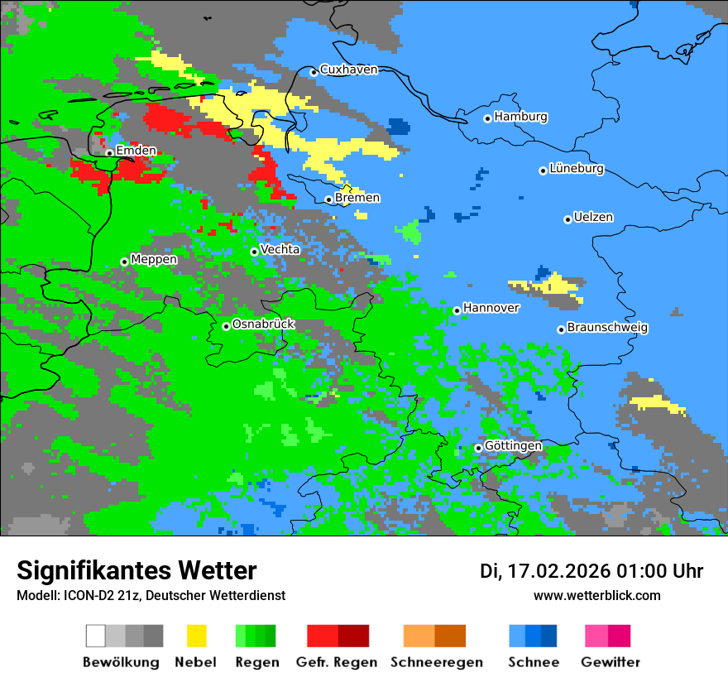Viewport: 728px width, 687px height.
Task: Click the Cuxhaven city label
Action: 348,70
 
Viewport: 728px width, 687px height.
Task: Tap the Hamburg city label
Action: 520,117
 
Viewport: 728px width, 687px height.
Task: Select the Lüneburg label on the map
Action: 576,169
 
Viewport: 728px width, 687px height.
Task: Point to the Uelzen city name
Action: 593,218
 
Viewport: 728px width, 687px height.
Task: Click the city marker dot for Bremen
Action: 328,199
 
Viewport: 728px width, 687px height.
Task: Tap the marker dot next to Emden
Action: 109,152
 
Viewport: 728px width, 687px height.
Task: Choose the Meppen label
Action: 154,260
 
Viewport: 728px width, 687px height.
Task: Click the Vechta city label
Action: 280,249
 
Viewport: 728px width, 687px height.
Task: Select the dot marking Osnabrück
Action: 226,326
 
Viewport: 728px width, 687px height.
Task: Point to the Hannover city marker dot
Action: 457,310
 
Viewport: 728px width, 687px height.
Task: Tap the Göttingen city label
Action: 513,446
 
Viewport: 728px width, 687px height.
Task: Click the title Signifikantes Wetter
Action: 136,570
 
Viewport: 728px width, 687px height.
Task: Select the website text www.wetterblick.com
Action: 596,596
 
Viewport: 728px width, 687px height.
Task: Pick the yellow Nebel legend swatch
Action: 196,636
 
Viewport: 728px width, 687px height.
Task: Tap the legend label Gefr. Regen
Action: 337,662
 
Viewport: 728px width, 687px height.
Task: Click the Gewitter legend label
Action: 611,662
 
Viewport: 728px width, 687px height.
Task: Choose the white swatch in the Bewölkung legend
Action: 95,636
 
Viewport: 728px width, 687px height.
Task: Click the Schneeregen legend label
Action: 437,662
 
